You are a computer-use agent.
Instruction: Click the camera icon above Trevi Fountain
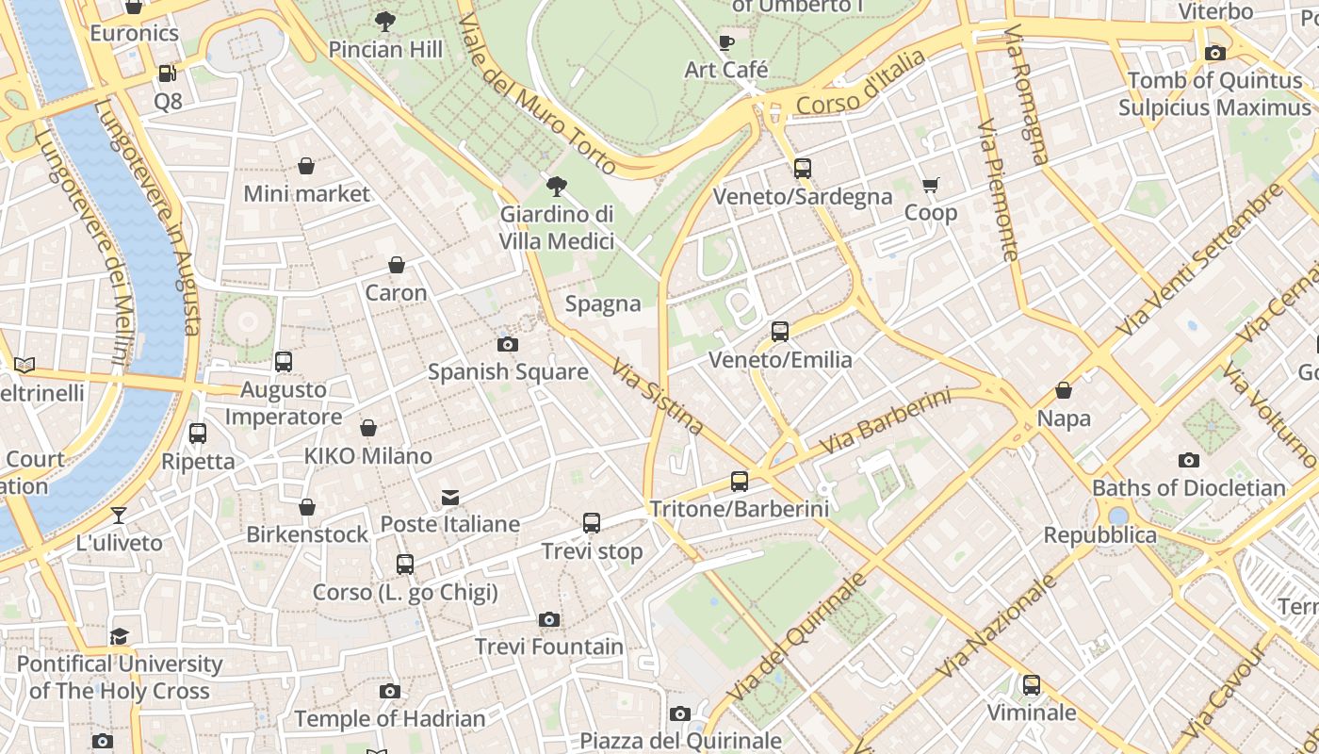click(549, 619)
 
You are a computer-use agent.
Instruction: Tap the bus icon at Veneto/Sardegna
click(802, 169)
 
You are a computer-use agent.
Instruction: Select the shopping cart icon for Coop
click(931, 185)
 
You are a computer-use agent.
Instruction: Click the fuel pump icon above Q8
click(167, 73)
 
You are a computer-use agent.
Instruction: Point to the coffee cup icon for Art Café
click(725, 42)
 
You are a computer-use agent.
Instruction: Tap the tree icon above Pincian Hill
click(384, 22)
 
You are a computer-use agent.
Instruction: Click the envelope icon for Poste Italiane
click(450, 497)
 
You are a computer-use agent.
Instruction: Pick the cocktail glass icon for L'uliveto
click(119, 515)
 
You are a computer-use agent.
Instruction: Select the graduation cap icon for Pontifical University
click(119, 636)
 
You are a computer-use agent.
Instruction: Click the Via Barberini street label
click(885, 420)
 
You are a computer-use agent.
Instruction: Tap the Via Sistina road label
click(658, 396)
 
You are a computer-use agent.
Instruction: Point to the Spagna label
click(603, 304)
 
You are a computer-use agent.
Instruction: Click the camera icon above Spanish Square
click(508, 344)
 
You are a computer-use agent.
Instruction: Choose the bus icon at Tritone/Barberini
click(740, 482)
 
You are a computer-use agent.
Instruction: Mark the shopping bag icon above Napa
click(1064, 390)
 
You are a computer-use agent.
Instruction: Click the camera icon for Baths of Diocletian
click(1189, 460)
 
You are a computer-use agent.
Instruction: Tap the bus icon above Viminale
click(1032, 685)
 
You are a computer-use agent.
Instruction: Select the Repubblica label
click(1099, 535)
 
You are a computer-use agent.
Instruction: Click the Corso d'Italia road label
click(860, 85)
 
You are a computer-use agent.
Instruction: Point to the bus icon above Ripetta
click(198, 434)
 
